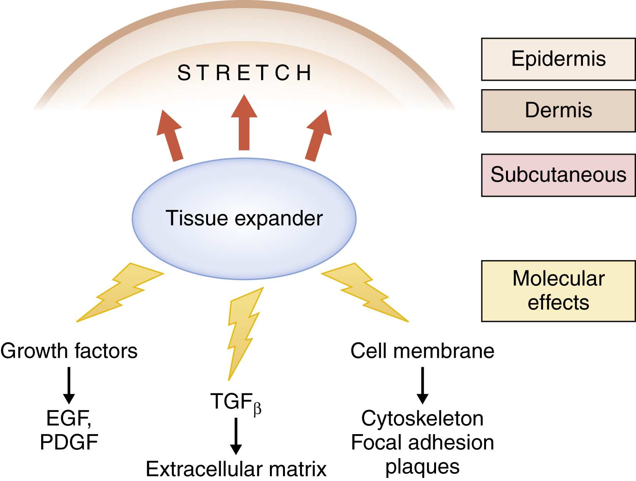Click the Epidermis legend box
point(558,59)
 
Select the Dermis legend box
point(558,111)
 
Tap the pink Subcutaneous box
point(558,175)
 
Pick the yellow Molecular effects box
point(558,291)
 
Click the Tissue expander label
point(244,218)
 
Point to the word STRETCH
point(245,73)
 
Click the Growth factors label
point(69,351)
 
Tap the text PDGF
point(69,442)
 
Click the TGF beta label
point(236,403)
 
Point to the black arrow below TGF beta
point(236,436)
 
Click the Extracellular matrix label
point(236,469)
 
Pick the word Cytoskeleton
point(422,418)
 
